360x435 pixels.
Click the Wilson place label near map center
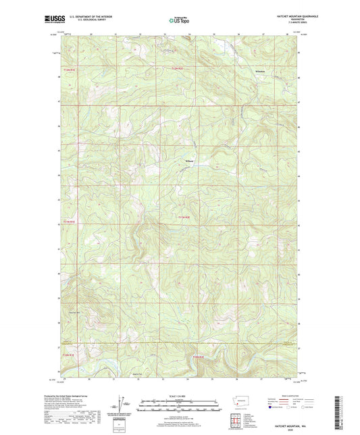click(190, 161)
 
